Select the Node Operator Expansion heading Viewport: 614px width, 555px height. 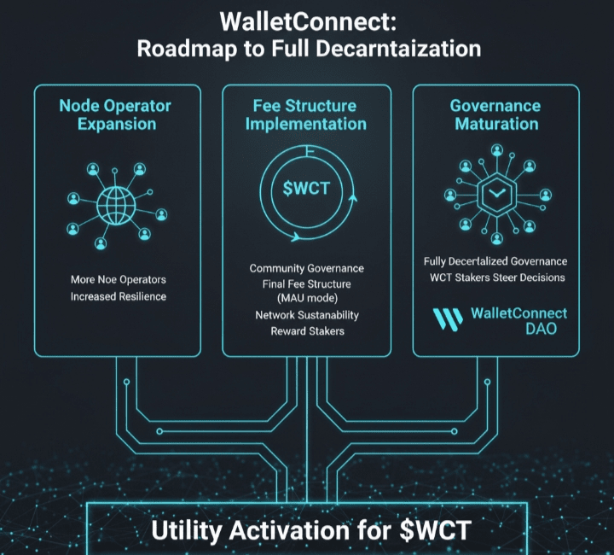click(115, 114)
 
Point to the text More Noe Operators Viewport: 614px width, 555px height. click(119, 279)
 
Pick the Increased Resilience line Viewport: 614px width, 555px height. click(119, 296)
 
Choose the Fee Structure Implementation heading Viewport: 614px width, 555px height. click(307, 114)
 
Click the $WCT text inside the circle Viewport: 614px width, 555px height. click(307, 190)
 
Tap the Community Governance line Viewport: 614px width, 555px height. click(307, 269)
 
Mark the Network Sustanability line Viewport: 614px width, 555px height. click(307, 315)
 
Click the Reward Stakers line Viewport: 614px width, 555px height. click(307, 330)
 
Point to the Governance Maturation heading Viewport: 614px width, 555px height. click(495, 114)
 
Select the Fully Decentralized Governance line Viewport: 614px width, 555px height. click(495, 261)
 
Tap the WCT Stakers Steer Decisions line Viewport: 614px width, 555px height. click(495, 277)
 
